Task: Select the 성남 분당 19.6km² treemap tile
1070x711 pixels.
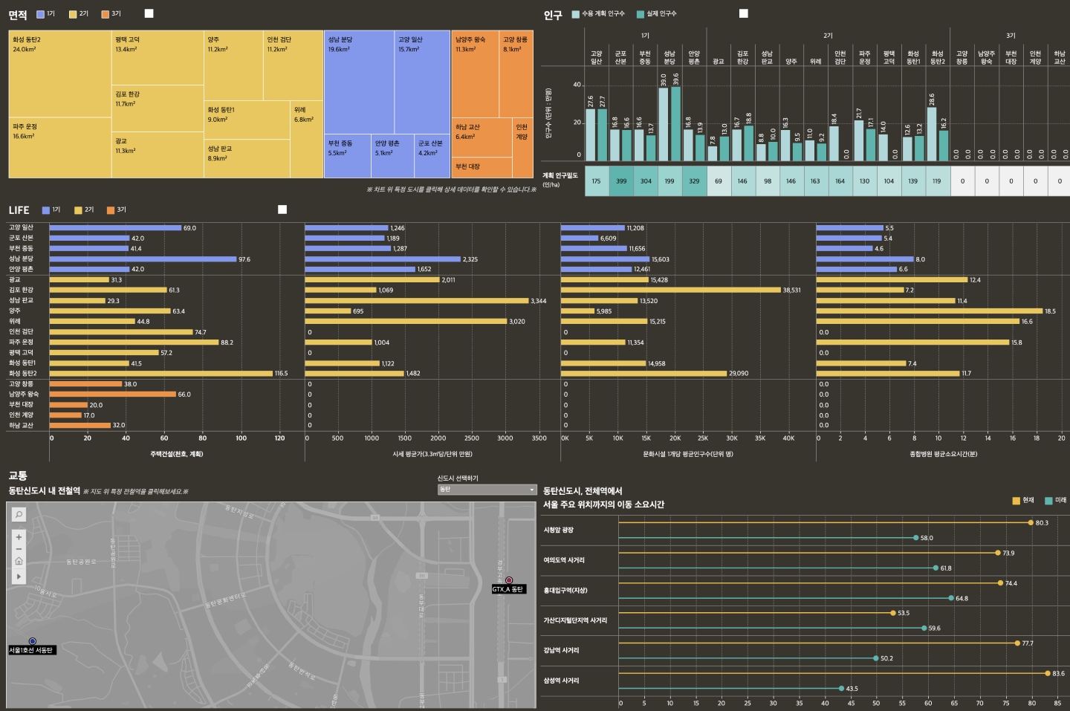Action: tap(359, 82)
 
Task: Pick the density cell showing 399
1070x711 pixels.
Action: tap(621, 181)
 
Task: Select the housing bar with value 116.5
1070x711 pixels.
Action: tap(161, 374)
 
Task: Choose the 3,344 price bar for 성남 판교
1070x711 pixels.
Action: tap(416, 301)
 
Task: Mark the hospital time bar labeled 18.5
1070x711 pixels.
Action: tap(929, 311)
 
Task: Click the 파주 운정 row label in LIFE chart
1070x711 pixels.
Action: tap(22, 342)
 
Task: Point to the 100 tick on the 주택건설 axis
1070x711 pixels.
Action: tap(241, 438)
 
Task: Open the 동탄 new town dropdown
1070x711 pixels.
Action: tap(487, 490)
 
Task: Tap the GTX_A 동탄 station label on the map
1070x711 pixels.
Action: tap(508, 589)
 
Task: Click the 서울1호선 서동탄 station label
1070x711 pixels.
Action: tap(31, 650)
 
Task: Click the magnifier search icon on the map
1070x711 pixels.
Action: tap(19, 514)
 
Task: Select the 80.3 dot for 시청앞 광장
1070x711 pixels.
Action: tap(1031, 523)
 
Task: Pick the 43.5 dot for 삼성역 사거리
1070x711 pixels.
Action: tap(841, 689)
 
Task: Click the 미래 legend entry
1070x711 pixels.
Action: tap(1055, 501)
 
